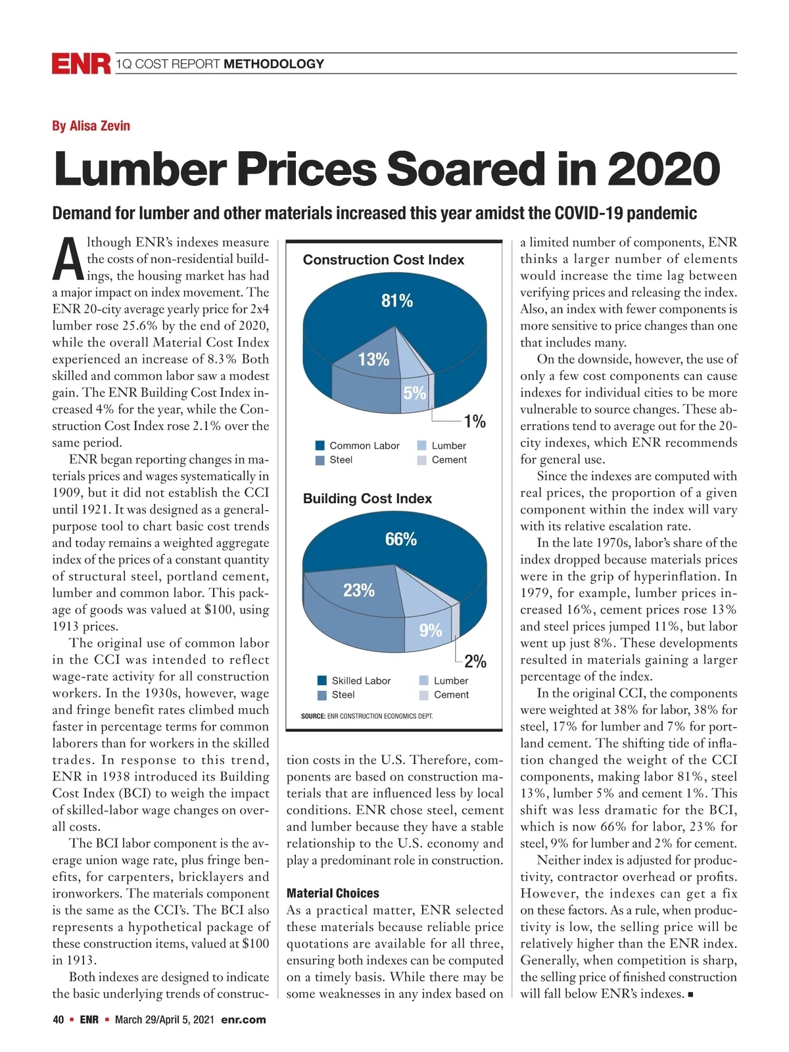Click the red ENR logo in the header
[81, 64]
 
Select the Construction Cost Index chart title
[383, 260]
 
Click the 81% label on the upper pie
[397, 301]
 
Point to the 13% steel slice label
[373, 360]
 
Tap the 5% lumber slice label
[415, 393]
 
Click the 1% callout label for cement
[475, 421]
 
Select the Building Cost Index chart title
[367, 498]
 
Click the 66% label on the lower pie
[401, 539]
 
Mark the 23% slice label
[359, 590]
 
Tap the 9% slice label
[431, 631]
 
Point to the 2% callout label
[475, 661]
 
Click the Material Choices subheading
[333, 894]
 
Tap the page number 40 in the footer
[58, 1020]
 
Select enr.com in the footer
[244, 1020]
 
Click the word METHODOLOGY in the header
[274, 64]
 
